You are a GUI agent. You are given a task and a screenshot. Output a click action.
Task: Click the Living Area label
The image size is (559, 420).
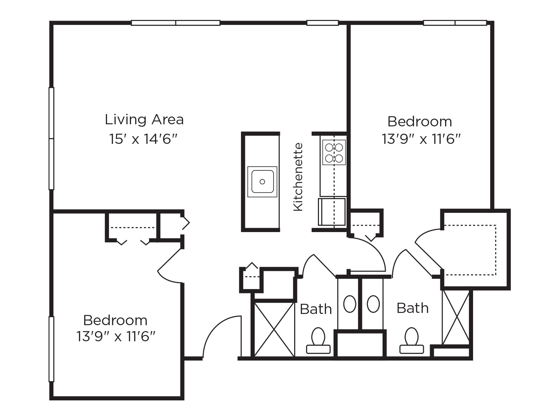[x=144, y=120]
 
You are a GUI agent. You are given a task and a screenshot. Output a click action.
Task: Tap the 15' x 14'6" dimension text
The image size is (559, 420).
[x=144, y=139]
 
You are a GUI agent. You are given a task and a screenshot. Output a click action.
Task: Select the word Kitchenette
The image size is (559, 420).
[x=298, y=177]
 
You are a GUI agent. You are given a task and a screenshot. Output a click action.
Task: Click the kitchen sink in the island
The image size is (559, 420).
[x=262, y=182]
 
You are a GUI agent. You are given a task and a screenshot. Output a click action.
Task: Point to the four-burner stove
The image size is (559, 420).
[x=334, y=152]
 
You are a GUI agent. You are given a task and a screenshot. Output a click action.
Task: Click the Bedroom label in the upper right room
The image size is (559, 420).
[x=420, y=122]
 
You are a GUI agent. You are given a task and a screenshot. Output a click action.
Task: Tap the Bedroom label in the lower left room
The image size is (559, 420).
[x=115, y=320]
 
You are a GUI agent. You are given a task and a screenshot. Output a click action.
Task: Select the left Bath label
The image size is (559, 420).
[x=316, y=309]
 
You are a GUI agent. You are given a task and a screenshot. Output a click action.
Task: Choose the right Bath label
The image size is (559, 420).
[x=413, y=308]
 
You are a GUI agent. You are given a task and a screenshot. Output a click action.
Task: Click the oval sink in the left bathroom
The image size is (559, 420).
[x=350, y=304]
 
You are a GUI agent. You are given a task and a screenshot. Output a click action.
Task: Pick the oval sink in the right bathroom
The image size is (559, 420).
[x=373, y=304]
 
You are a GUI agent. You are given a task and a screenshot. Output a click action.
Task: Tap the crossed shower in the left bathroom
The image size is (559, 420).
[x=274, y=329]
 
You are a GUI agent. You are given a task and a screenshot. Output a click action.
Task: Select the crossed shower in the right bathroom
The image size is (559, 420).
[x=456, y=317]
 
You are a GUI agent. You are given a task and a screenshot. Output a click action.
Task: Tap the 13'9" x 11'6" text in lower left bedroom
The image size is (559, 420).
[x=115, y=337]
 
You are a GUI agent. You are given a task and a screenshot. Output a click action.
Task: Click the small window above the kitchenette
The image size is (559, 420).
[x=322, y=23]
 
